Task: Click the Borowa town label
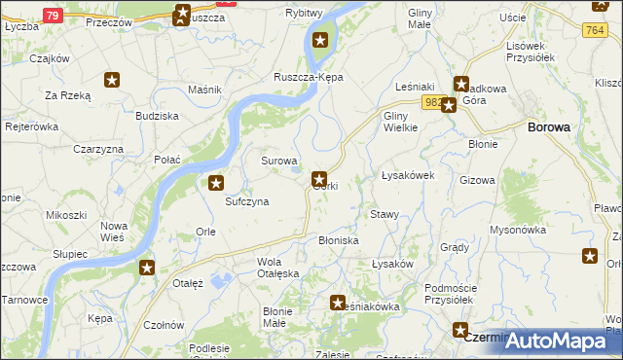(x=549, y=126)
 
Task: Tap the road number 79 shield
(x=53, y=15)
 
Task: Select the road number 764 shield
(x=601, y=32)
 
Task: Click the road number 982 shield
(x=433, y=100)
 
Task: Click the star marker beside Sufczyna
(x=216, y=182)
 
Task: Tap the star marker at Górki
(x=319, y=178)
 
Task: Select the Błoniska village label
(x=339, y=239)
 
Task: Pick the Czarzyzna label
(x=98, y=149)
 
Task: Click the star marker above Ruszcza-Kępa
(x=319, y=41)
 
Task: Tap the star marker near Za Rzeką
(x=113, y=81)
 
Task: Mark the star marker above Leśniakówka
(x=338, y=303)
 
